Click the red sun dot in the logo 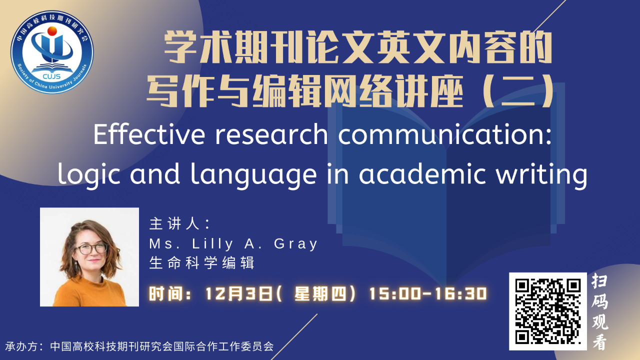point(52,31)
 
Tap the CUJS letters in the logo point(51,76)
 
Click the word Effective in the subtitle point(149,134)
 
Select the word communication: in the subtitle point(444,134)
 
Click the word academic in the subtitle point(422,173)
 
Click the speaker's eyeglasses point(91,248)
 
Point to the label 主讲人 point(174,223)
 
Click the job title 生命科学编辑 point(201,262)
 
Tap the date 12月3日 point(239,293)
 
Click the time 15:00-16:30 point(428,293)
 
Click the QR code point(547,311)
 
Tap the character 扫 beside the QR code point(599,280)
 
